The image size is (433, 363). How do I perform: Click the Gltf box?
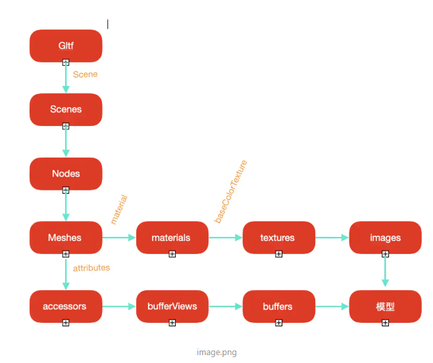[66, 45]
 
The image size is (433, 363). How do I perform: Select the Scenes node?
[66, 109]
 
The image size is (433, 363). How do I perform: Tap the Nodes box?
[66, 173]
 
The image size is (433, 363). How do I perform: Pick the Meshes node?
[66, 237]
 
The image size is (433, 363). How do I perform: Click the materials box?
[172, 237]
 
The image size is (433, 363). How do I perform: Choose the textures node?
[278, 237]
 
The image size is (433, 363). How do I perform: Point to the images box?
[385, 237]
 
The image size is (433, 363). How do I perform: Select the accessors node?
[66, 306]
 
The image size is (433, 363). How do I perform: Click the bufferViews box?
[172, 306]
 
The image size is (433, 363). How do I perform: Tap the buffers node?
[278, 306]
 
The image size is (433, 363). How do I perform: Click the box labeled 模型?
[385, 306]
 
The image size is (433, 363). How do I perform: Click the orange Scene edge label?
[85, 74]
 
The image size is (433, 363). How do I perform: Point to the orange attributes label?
[91, 268]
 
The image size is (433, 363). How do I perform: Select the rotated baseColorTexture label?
[231, 191]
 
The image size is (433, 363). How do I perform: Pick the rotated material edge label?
[118, 209]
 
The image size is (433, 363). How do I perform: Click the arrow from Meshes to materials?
[119, 238]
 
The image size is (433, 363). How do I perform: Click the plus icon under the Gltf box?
[66, 62]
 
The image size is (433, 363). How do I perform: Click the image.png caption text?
[216, 352]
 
